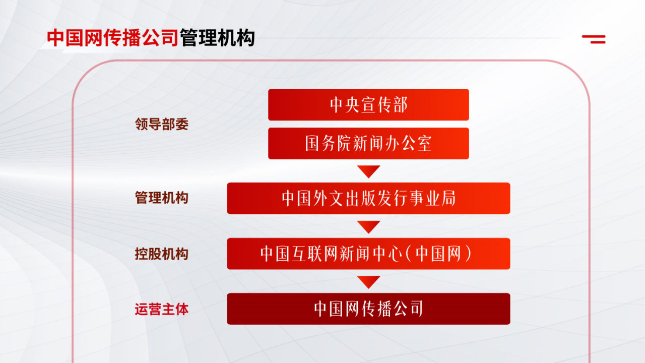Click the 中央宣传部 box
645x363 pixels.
368,105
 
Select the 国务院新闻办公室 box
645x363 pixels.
368,144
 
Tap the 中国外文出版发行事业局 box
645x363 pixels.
368,198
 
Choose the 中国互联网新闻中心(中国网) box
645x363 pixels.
368,254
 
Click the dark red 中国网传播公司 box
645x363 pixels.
368,309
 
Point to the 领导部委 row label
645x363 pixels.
162,124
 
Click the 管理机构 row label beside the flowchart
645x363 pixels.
162,198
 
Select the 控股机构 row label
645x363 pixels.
162,254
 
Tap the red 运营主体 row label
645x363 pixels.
162,310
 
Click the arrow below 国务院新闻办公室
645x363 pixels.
368,171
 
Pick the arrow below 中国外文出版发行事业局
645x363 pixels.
368,226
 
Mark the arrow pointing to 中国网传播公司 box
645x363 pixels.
368,281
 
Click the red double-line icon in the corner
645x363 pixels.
594,39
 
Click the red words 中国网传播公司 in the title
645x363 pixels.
112,38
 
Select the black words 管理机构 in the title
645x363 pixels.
217,38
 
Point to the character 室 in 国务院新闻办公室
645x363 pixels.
424,144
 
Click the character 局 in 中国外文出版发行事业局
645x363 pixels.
448,198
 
